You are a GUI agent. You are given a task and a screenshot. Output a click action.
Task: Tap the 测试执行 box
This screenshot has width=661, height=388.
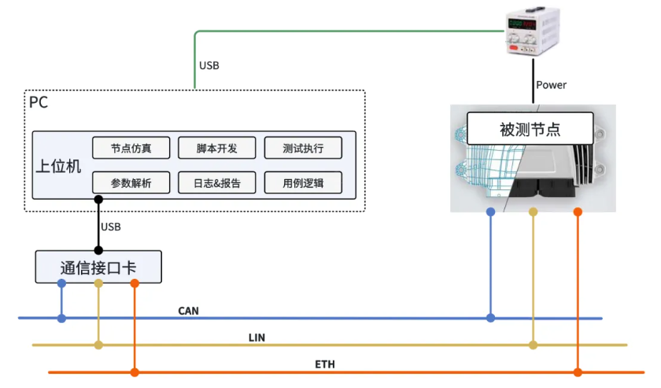point(303,148)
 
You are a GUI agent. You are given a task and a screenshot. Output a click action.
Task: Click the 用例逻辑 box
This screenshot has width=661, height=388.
point(303,183)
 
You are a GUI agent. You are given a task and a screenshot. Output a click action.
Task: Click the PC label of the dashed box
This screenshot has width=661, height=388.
point(39,102)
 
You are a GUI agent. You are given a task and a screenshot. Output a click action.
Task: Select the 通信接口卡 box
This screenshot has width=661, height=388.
point(98,267)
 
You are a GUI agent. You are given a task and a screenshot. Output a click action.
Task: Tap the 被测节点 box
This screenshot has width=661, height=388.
point(534,128)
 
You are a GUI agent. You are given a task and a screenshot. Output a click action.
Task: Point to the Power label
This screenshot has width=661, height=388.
point(551,85)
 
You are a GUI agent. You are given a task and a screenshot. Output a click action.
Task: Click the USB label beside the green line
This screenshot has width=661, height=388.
point(209,65)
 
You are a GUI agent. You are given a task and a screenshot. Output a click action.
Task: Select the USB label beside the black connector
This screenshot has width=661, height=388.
point(111,227)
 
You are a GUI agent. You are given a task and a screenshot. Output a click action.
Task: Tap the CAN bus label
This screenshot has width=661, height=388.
point(188,311)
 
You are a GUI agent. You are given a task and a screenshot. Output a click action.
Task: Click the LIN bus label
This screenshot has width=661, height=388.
point(257,337)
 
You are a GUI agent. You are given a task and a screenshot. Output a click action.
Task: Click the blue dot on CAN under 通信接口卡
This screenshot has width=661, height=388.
point(61,318)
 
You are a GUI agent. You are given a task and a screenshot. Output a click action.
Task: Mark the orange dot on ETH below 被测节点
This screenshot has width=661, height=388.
point(578,372)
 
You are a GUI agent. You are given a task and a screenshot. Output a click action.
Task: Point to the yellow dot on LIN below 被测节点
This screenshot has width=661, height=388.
point(533,345)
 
